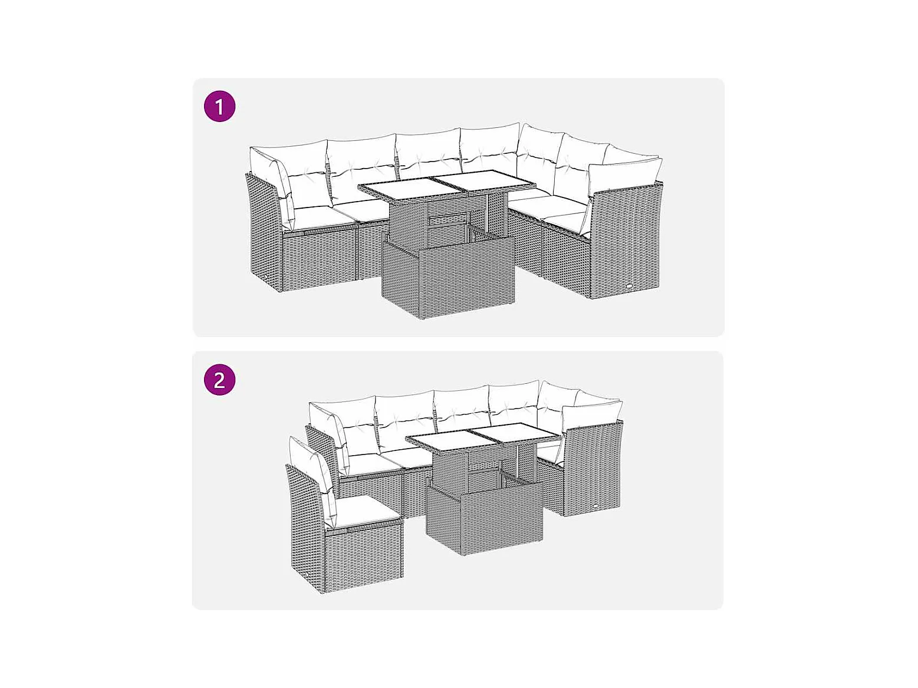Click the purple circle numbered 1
[x=219, y=106]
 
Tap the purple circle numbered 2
[x=219, y=380]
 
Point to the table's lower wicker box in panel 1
[x=448, y=275]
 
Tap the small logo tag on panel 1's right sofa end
[x=630, y=287]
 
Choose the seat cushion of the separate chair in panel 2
[x=368, y=513]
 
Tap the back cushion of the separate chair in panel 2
[x=313, y=480]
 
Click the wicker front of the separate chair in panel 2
[x=364, y=555]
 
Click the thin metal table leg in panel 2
[x=519, y=462]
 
